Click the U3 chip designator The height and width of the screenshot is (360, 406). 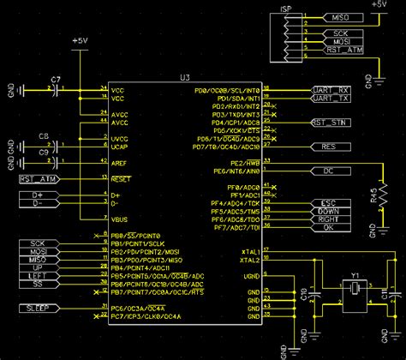(185, 78)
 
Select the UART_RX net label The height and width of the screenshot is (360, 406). (330, 88)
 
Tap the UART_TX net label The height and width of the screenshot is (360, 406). (330, 98)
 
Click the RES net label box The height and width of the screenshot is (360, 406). (328, 147)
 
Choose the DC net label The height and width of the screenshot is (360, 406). (328, 171)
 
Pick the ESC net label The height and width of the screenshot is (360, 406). (329, 203)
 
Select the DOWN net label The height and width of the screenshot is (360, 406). (329, 211)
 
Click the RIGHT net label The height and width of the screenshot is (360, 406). (329, 219)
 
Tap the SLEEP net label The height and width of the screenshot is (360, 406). (35, 307)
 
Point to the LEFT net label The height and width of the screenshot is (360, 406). (35, 275)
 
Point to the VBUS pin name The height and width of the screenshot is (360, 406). (118, 219)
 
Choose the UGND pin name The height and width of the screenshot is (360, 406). (251, 275)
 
